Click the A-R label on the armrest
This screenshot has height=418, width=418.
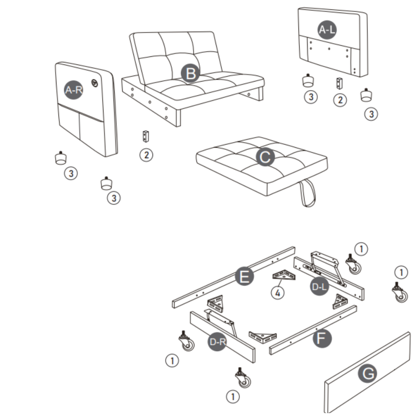74,90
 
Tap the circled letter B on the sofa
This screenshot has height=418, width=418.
190,74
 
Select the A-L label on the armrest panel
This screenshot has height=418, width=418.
329,29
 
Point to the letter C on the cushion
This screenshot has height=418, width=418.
265,157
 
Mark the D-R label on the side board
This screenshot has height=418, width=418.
218,342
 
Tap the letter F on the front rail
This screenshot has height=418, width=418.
322,338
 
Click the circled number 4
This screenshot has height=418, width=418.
278,293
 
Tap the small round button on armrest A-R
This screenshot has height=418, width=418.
95,83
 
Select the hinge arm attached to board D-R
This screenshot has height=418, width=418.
222,321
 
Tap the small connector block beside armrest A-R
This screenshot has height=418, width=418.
145,136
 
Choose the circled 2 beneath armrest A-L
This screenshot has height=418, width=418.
340,100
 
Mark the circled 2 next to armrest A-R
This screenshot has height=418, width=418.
146,155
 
